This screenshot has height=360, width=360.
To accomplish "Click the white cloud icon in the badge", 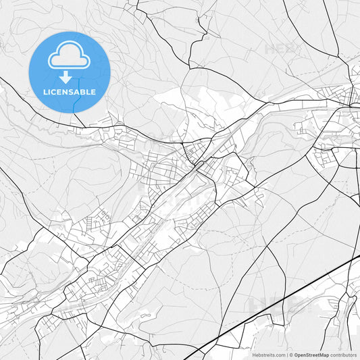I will [x=69, y=59].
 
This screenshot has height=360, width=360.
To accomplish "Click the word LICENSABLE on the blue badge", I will [x=69, y=92].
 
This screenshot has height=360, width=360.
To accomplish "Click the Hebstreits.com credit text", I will [x=268, y=355].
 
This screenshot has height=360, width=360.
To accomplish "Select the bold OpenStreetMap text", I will [x=311, y=355].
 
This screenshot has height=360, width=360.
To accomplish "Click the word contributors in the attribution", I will [x=344, y=355].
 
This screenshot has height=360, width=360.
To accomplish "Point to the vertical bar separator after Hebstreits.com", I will [x=286, y=355].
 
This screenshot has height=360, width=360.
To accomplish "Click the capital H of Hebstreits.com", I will [x=254, y=355].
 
